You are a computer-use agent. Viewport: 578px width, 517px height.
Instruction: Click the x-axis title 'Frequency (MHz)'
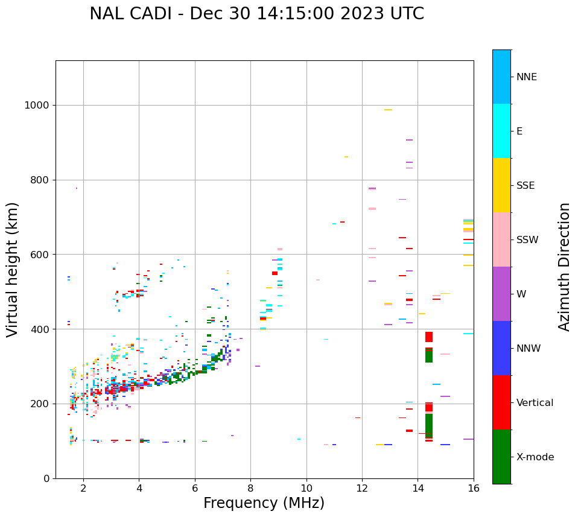click(264, 503)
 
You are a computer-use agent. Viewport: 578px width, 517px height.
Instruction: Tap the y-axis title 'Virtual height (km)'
click(13, 270)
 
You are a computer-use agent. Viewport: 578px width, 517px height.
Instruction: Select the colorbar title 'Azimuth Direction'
click(564, 267)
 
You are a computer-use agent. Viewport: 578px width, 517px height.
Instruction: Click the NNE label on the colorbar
click(526, 77)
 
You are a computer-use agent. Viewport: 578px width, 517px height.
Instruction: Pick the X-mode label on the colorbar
click(535, 457)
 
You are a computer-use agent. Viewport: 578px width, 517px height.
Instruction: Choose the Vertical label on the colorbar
click(535, 403)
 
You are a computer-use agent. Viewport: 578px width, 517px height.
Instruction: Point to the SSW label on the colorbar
click(527, 240)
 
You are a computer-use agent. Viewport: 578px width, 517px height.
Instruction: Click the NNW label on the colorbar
click(529, 349)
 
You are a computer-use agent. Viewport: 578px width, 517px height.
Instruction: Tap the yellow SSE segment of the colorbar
click(501, 185)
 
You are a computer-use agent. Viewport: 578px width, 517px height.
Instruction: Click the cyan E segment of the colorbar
click(501, 131)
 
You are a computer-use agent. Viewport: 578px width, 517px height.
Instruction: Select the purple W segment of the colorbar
click(501, 294)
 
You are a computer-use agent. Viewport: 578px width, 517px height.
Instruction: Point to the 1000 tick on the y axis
click(37, 106)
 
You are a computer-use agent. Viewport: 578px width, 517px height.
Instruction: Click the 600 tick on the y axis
click(40, 255)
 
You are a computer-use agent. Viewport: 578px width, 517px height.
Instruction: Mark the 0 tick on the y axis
click(47, 478)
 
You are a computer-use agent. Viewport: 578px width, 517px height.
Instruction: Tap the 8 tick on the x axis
click(251, 488)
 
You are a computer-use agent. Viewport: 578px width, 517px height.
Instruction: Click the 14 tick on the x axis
click(418, 488)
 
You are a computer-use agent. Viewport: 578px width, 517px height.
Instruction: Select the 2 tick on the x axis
click(83, 488)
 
